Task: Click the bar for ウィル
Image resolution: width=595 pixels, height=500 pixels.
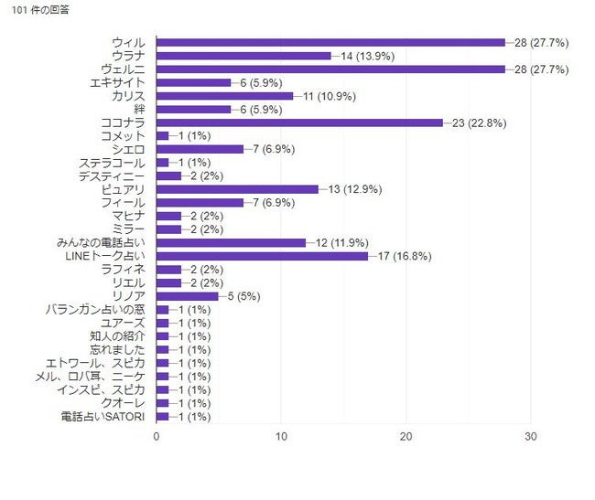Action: click(x=330, y=42)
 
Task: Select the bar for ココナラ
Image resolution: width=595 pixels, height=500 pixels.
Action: click(x=299, y=122)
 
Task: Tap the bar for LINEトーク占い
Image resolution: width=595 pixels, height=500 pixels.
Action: click(x=262, y=256)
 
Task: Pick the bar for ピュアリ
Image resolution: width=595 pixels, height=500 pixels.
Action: click(x=237, y=189)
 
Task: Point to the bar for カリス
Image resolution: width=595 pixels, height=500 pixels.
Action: click(x=224, y=95)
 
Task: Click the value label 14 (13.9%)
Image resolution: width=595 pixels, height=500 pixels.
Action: click(x=368, y=56)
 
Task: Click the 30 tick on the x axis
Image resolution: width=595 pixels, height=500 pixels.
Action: click(x=531, y=437)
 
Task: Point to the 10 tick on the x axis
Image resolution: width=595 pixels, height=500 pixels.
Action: click(x=281, y=437)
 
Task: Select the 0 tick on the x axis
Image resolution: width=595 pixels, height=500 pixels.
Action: click(x=157, y=437)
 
